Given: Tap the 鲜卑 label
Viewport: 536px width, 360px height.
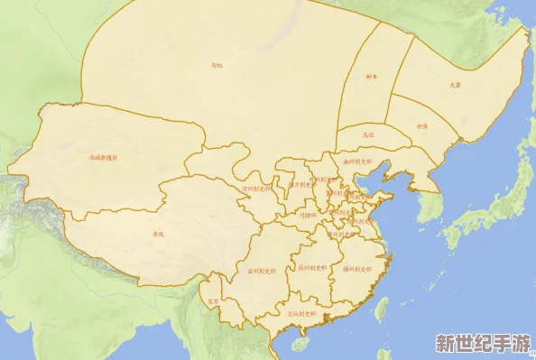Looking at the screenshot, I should (x=372, y=78).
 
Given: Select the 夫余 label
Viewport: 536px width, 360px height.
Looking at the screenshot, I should (x=455, y=85).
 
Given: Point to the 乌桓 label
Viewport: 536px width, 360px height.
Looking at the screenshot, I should (x=367, y=134).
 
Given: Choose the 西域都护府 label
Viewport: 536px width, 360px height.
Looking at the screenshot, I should (x=103, y=157).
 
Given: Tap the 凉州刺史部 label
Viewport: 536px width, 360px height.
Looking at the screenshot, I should (x=256, y=189).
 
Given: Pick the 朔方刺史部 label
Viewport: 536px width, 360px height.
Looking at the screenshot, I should (x=300, y=184).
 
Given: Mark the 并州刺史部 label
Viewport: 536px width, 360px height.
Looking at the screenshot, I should (x=323, y=178).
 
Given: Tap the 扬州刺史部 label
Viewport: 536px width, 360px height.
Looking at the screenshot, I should (x=358, y=269).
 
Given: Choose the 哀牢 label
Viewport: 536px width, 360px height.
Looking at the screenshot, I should (x=213, y=301).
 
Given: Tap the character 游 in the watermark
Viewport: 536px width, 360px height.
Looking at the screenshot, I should (x=522, y=344).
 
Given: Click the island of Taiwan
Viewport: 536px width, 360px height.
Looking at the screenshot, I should (x=382, y=309).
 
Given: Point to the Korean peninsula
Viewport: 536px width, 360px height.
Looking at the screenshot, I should (x=431, y=202).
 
